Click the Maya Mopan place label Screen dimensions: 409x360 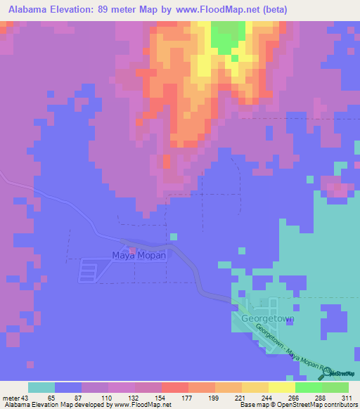(139, 256)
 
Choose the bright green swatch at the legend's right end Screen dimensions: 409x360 (335, 387)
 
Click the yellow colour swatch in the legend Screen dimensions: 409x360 (281, 387)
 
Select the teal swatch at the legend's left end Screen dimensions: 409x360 (41, 387)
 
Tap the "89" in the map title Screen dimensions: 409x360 (103, 8)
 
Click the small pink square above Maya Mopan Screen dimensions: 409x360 (131, 249)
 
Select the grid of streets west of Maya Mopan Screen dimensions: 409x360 (89, 269)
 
